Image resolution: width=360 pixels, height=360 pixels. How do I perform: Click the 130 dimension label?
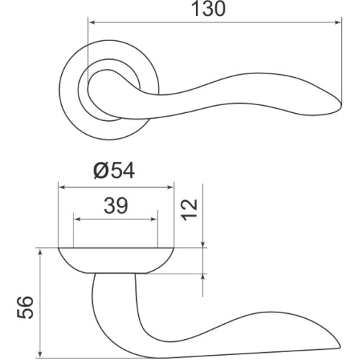point(209,9)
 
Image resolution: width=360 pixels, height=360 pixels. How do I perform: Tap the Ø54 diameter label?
point(114,171)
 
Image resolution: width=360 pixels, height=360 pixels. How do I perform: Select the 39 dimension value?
point(116,206)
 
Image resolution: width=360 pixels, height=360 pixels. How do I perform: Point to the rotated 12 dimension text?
point(189,210)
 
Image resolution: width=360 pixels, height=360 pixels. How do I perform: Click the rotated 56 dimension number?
point(25,307)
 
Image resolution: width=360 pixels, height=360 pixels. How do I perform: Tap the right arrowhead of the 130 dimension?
point(338,22)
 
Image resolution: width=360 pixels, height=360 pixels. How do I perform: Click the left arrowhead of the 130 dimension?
point(92,22)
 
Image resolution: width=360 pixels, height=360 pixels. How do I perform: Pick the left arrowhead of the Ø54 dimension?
point(63,187)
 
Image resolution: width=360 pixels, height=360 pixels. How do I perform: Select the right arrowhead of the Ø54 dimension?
point(169,187)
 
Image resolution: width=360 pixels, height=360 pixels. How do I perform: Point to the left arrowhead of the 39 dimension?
point(78,219)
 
